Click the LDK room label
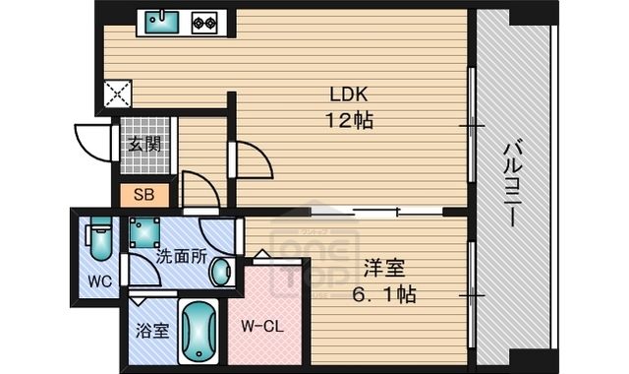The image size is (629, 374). coord(347,96)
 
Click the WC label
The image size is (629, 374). coord(100,280)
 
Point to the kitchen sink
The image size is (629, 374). coord(158,21)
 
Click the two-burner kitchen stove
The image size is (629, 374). coord(203,21)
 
